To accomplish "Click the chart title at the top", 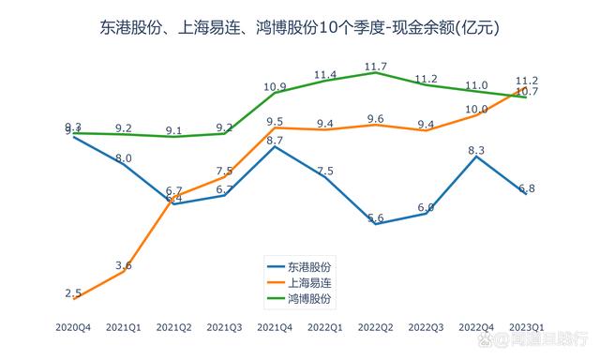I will click(299, 28).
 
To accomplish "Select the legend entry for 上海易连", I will click(310, 281).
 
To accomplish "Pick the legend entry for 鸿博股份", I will click(310, 297).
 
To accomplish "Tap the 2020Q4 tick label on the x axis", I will click(73, 326).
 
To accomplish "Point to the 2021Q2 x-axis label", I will click(173, 326).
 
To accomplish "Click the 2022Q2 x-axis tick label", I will click(376, 326).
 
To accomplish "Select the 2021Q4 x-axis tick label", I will click(275, 326).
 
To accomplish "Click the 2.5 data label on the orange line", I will click(73, 292).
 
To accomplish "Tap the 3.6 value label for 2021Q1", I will click(124, 265).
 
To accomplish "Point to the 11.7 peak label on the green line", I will click(376, 67).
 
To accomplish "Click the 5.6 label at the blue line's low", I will click(376, 217).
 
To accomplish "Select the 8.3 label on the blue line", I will click(476, 150).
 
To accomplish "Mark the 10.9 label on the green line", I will click(275, 86).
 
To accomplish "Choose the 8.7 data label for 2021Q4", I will click(275, 141).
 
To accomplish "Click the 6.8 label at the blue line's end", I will click(527, 187).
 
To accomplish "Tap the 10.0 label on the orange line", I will click(476, 109).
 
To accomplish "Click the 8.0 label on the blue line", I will click(124, 158).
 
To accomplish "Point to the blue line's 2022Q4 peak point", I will click(476, 157).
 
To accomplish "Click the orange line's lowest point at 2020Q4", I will click(73, 298).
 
